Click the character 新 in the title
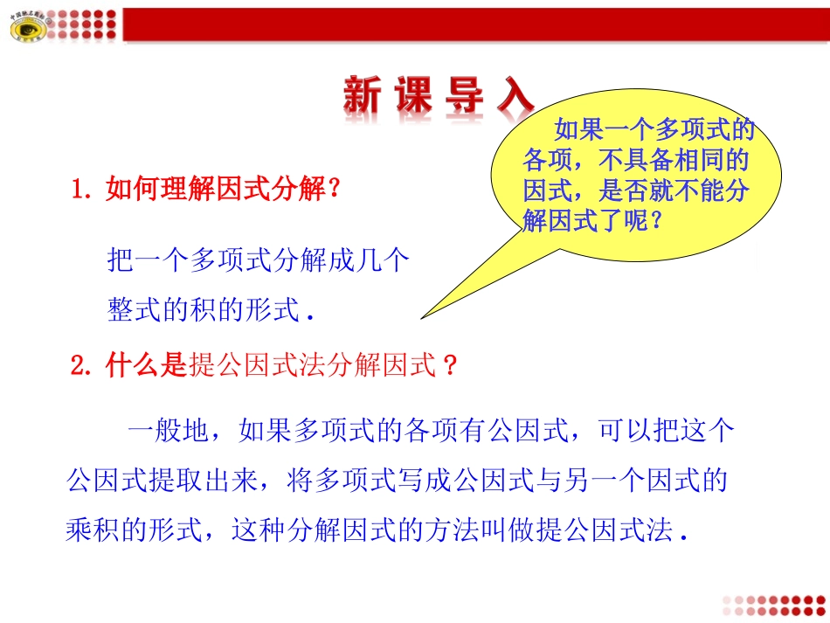point(362,96)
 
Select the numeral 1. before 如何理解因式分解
point(85,189)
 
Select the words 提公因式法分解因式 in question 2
point(312,367)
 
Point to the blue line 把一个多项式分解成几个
point(258,260)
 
